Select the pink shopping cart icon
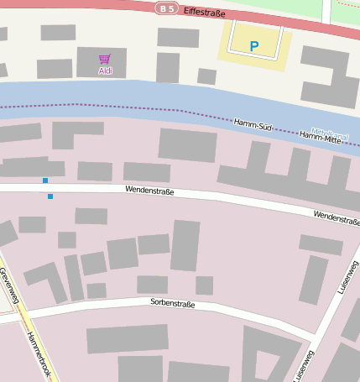tap(105, 59)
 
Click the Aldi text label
tap(105, 71)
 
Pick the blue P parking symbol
tap(254, 46)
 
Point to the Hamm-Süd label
tap(253, 123)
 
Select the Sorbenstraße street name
tap(172, 303)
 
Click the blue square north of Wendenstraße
tap(45, 181)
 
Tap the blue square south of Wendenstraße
tap(50, 196)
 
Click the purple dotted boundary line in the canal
tap(126, 107)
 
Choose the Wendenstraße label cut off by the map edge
tap(337, 217)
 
